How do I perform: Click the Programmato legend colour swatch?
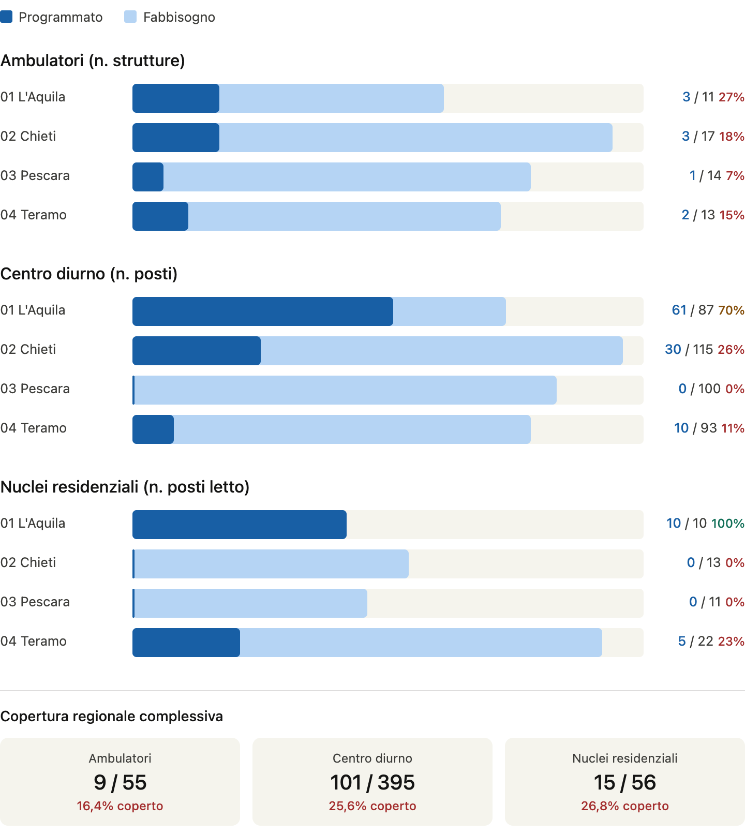[6, 17]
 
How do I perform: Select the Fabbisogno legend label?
[179, 17]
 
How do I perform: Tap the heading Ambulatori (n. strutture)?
[93, 61]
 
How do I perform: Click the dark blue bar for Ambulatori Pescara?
[148, 177]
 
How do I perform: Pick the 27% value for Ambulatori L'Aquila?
[731, 97]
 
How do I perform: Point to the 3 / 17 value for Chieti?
[698, 136]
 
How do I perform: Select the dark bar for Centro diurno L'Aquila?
[262, 311]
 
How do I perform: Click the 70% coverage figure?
[731, 310]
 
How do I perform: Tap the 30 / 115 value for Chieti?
[689, 349]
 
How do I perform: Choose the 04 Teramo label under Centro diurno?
[34, 428]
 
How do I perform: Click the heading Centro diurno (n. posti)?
[88, 274]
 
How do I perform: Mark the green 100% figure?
[727, 523]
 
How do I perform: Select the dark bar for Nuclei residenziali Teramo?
[186, 643]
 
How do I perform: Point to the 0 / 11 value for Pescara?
[705, 602]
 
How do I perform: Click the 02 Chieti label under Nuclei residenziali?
[28, 562]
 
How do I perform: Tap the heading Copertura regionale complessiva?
[111, 717]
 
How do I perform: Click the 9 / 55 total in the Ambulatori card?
[120, 782]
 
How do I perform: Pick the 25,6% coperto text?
[373, 806]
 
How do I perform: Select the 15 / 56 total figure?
[625, 782]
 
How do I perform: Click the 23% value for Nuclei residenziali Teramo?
[731, 641]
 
